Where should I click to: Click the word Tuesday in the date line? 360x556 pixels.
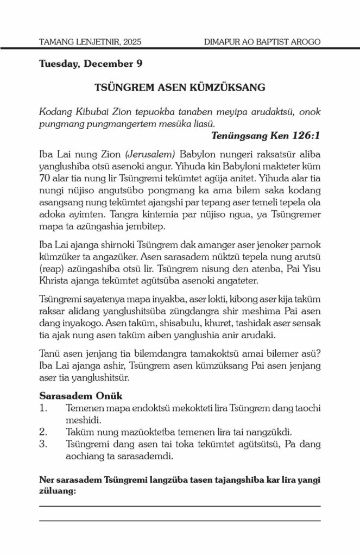pos(59,64)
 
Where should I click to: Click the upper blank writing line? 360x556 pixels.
pos(180,506)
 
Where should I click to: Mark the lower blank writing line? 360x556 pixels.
pos(180,520)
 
